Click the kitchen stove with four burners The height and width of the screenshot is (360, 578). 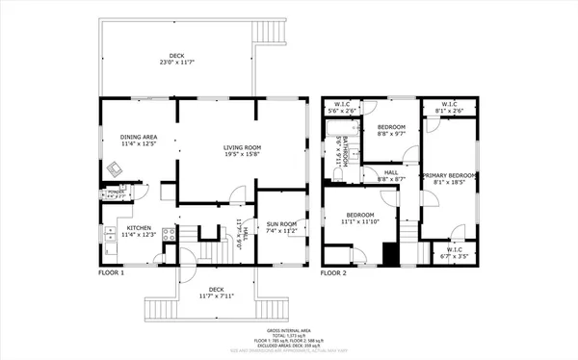169,234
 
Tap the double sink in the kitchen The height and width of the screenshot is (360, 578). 109,235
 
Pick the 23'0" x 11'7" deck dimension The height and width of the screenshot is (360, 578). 178,63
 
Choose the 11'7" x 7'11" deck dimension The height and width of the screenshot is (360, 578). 216,296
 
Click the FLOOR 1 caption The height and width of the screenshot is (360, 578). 111,273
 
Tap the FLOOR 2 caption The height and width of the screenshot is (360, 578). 332,273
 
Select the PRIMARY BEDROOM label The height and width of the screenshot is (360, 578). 450,175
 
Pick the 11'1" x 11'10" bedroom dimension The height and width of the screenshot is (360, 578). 359,220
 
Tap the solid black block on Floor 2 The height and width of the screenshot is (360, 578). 390,253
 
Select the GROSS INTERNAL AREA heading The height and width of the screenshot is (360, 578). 289,328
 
